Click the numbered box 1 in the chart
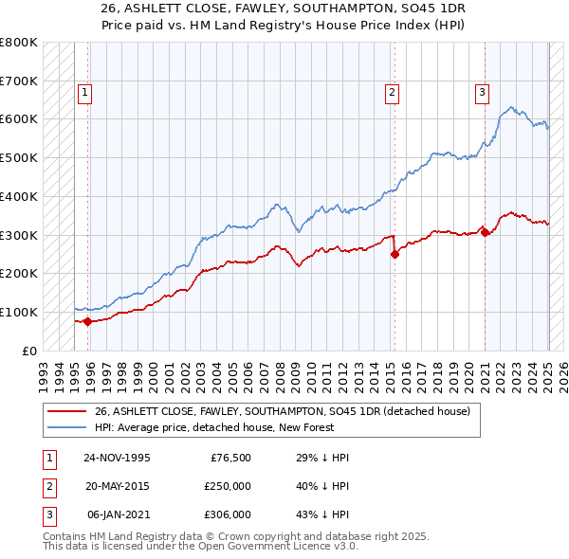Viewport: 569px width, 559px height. (85, 93)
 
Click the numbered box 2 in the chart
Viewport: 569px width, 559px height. (392, 93)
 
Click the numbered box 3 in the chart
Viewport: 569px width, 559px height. (482, 93)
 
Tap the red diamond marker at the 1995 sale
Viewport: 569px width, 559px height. (88, 321)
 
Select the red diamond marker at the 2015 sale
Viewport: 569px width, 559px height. (395, 254)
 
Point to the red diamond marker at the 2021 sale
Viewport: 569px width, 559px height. (485, 232)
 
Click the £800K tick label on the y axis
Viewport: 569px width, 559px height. (19, 43)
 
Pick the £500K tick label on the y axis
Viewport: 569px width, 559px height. (19, 158)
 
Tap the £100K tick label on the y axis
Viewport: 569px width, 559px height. (19, 312)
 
